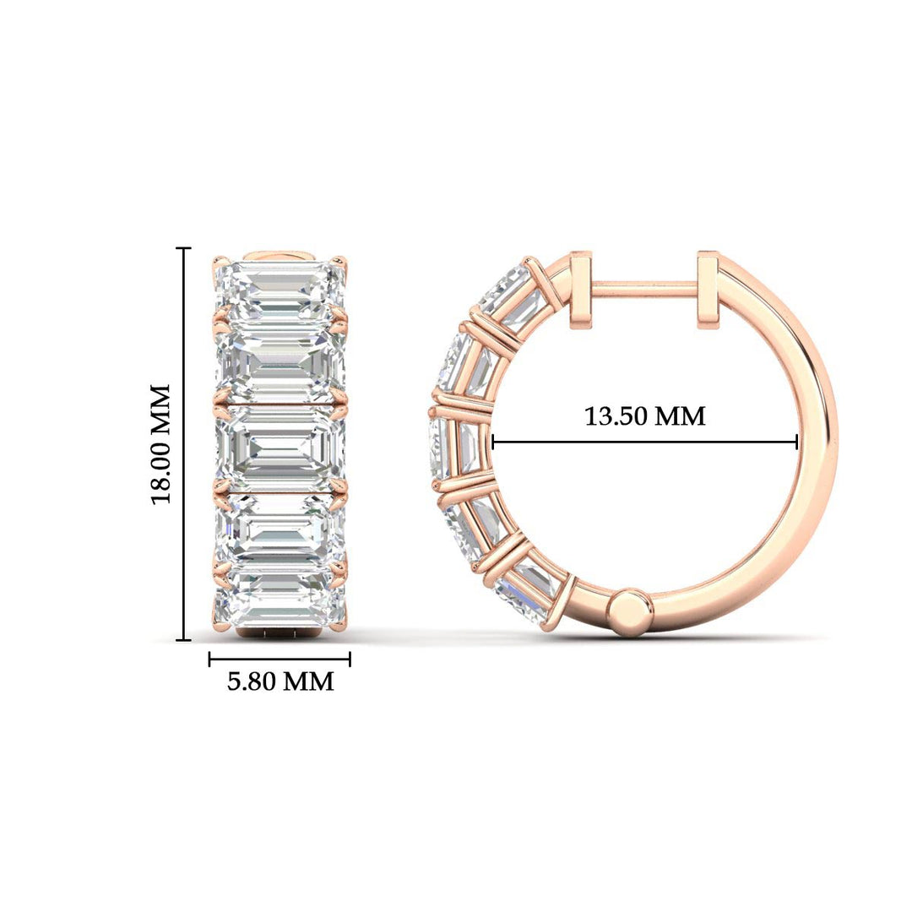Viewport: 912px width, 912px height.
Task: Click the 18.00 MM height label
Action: click(x=161, y=443)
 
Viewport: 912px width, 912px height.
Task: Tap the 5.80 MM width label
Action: click(x=280, y=681)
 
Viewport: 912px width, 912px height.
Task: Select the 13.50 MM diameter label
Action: click(x=645, y=416)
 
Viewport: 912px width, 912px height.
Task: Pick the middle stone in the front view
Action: click(x=281, y=444)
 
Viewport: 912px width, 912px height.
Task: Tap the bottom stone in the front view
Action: click(x=281, y=599)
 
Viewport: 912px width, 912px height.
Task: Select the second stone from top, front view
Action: click(x=281, y=363)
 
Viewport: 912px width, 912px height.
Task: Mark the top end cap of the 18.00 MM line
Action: click(x=183, y=248)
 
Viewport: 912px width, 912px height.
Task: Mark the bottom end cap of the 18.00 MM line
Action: click(x=183, y=640)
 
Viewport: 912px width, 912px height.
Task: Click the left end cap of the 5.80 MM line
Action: click(x=209, y=659)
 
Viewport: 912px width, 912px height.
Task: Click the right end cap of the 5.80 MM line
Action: click(x=350, y=659)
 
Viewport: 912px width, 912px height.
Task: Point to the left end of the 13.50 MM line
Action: click(x=492, y=441)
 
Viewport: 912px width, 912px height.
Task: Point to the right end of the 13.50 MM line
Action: click(x=797, y=441)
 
